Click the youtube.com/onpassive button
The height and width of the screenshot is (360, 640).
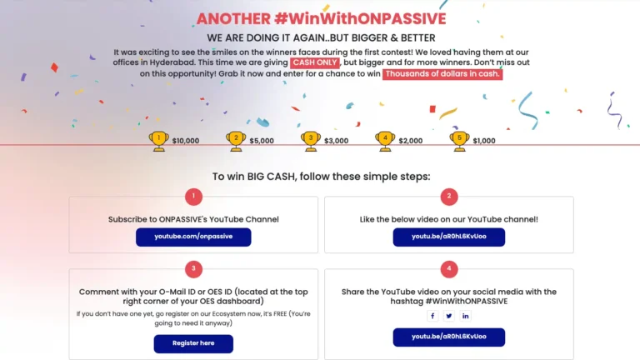pyautogui.click(x=193, y=237)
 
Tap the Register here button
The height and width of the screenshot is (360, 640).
pyautogui.click(x=193, y=343)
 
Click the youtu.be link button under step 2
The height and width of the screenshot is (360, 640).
pyautogui.click(x=449, y=237)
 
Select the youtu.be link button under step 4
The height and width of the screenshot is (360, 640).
pyautogui.click(x=449, y=337)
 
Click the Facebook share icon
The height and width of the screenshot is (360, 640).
pyautogui.click(x=432, y=316)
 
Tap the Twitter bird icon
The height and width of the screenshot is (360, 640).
pyautogui.click(x=449, y=316)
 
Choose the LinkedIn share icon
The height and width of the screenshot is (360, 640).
pyautogui.click(x=465, y=316)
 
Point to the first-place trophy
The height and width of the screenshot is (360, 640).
pyautogui.click(x=159, y=141)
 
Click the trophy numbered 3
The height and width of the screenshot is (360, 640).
pyautogui.click(x=311, y=141)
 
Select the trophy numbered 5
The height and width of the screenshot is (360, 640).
pyautogui.click(x=460, y=141)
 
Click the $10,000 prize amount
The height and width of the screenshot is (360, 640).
pyautogui.click(x=186, y=141)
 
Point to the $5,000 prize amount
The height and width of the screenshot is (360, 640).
pyautogui.click(x=262, y=141)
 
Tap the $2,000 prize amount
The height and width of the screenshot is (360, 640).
pyautogui.click(x=411, y=141)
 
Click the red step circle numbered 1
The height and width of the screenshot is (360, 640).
pyautogui.click(x=193, y=197)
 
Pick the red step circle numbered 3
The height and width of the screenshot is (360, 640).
pyautogui.click(x=193, y=269)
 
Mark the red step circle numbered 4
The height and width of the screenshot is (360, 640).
pyautogui.click(x=449, y=269)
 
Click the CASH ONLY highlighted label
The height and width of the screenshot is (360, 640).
pyautogui.click(x=315, y=62)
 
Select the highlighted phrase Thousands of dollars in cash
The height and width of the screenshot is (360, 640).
pyautogui.click(x=442, y=74)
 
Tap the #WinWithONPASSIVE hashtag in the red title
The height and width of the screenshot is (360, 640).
pyautogui.click(x=360, y=19)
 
